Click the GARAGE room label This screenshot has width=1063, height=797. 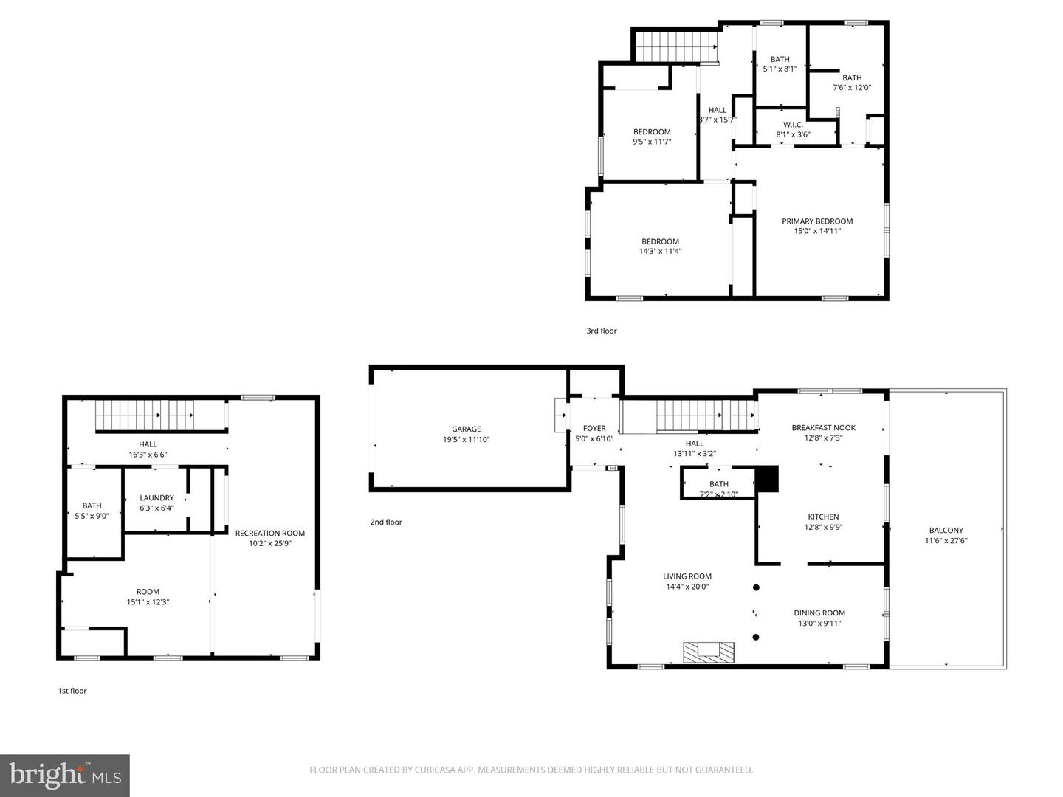click(x=466, y=429)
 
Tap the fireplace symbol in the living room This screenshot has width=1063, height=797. click(x=708, y=652)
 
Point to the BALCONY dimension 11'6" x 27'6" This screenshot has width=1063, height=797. click(x=946, y=540)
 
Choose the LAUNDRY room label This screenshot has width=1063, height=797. click(x=156, y=498)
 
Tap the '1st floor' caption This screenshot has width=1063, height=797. click(x=72, y=691)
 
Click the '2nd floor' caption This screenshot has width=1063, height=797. click(x=386, y=522)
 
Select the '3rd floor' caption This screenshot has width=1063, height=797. click(x=602, y=331)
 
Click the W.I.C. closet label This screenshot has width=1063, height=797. click(x=793, y=125)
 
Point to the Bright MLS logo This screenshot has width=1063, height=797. click(x=65, y=775)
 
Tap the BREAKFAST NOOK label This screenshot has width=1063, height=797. click(x=823, y=427)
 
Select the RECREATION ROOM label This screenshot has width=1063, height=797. click(x=269, y=533)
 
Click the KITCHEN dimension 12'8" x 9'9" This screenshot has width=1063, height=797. click(x=823, y=527)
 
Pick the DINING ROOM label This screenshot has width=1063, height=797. click(x=819, y=613)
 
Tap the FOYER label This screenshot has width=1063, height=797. click(x=594, y=428)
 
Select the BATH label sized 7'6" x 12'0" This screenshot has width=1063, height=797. click(x=852, y=77)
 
